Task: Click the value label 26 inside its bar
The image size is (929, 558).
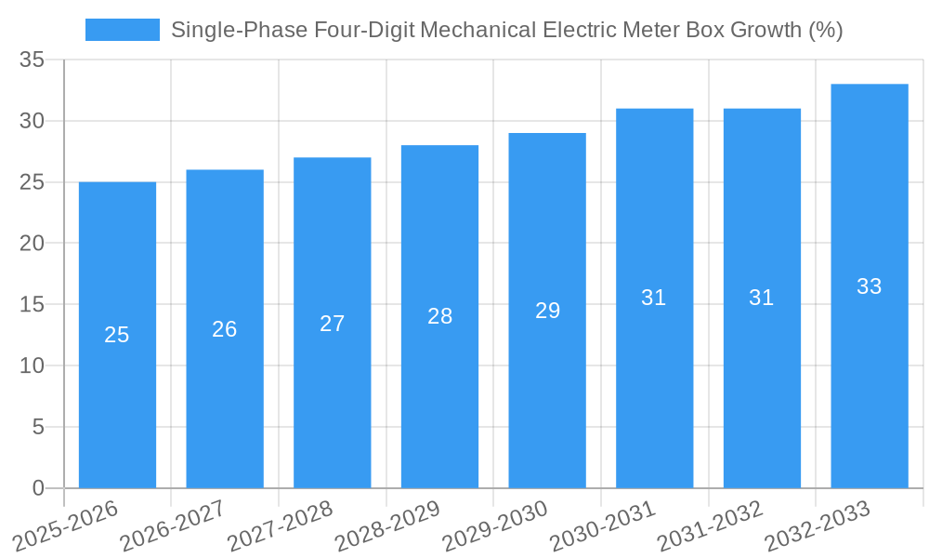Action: [225, 329]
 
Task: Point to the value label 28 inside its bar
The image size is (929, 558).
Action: [440, 316]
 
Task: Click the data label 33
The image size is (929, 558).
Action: [870, 286]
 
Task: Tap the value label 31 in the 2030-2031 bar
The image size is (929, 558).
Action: [654, 298]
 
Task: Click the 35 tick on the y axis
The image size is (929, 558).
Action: [33, 60]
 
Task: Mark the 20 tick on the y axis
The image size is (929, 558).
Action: [33, 244]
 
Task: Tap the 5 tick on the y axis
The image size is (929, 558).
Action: [38, 427]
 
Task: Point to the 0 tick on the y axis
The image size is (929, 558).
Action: [38, 488]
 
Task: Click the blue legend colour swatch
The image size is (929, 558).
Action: [122, 30]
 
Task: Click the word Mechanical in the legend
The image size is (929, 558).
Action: [477, 30]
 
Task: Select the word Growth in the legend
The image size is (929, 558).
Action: [766, 30]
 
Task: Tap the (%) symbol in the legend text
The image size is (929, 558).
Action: [826, 30]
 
